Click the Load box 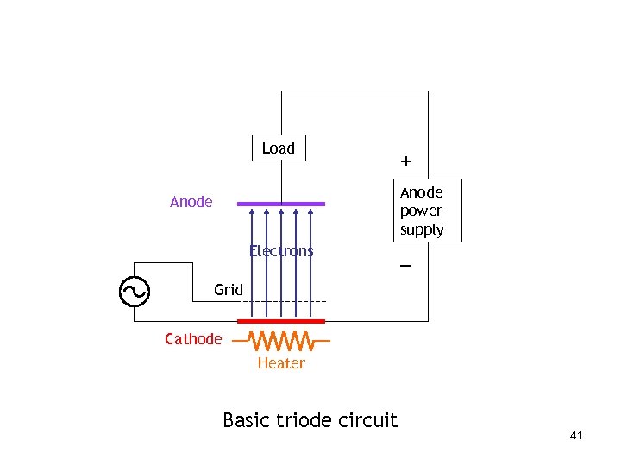point(278,148)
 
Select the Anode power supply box point(422,211)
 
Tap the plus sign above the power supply point(405,161)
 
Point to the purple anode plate point(281,205)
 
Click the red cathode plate point(281,321)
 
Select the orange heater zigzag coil point(281,340)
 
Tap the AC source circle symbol point(135,292)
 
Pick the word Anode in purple point(191,202)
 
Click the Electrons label point(281,251)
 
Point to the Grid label point(229,290)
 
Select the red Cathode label point(193,339)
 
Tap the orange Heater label point(281,363)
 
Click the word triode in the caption point(308,420)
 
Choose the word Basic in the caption point(247,420)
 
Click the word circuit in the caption point(371,420)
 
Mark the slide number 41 point(576,436)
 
